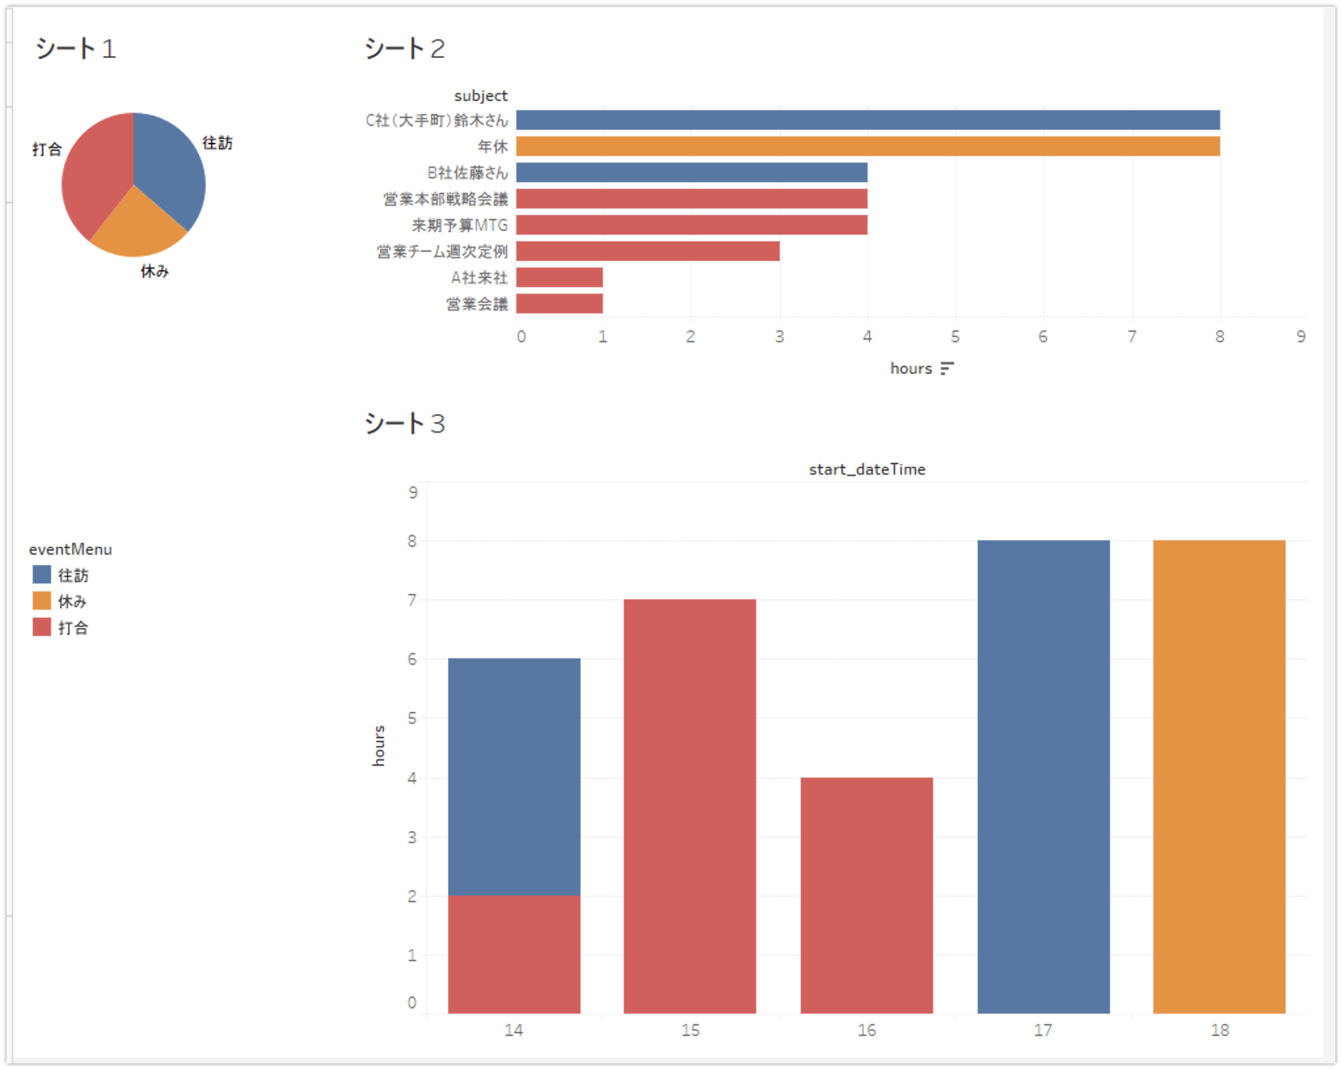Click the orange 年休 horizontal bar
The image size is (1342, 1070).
868,146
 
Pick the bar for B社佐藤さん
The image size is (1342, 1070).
691,172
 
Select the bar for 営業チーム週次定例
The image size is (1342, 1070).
647,251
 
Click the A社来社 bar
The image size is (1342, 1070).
559,277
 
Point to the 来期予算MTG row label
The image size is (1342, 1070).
459,226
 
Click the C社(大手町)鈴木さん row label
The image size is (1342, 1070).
436,121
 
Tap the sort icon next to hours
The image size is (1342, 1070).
947,368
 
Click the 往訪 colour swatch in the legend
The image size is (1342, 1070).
42,575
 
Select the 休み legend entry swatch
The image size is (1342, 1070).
42,601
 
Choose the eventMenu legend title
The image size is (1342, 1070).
70,549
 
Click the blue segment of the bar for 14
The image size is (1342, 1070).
514,777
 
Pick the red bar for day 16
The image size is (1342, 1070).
866,895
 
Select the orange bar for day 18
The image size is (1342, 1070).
1219,777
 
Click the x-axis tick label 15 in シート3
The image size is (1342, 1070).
690,1030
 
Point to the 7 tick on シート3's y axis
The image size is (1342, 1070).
412,600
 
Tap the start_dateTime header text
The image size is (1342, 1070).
867,469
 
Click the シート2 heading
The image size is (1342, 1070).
404,49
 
